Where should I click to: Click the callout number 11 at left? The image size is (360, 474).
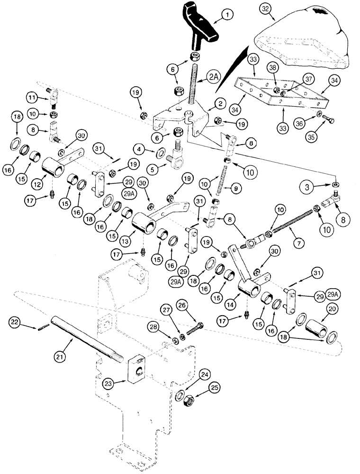(x=32, y=98)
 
